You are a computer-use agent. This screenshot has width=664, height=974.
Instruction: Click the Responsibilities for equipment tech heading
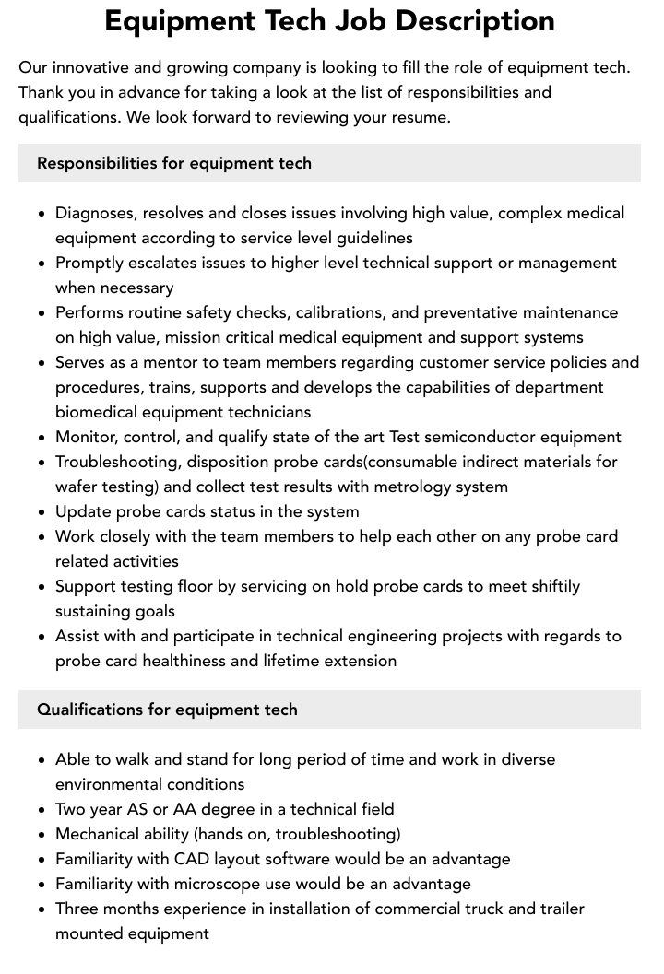click(x=174, y=163)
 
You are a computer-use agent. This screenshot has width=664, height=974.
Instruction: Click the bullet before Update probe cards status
click(x=41, y=512)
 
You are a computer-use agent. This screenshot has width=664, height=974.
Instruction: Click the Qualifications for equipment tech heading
click(x=167, y=710)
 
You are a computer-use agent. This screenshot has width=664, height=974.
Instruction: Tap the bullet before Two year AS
click(x=41, y=810)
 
